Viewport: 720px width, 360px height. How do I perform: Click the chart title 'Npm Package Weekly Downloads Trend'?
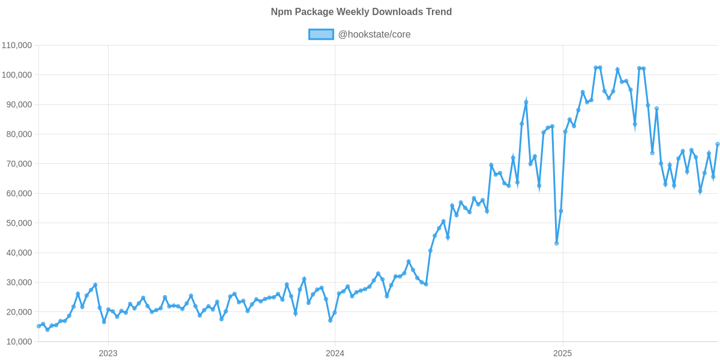click(x=361, y=12)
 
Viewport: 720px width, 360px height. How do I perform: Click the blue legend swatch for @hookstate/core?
click(x=320, y=34)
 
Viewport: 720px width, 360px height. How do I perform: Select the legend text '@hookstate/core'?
click(x=374, y=34)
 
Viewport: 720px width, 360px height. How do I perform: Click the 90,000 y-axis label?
click(x=19, y=104)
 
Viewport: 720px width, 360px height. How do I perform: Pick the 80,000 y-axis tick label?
click(x=19, y=134)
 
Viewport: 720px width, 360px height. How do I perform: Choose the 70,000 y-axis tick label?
click(x=19, y=164)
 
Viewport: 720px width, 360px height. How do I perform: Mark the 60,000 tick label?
click(x=19, y=194)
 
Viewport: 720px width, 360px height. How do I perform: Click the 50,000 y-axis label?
click(x=19, y=223)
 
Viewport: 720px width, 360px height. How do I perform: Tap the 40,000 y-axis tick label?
click(x=19, y=253)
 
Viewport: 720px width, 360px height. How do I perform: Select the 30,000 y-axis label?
click(x=19, y=283)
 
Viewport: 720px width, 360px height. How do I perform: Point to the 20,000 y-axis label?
click(x=19, y=312)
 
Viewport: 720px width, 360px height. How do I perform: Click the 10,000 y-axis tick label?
click(x=19, y=342)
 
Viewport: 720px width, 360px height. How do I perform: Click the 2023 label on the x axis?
click(x=108, y=353)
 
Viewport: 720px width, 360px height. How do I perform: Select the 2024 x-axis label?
click(x=335, y=353)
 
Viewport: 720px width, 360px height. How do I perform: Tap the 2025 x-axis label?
click(x=562, y=353)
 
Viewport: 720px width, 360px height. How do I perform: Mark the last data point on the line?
click(x=718, y=144)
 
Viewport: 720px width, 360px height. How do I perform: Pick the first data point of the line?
click(x=38, y=326)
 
